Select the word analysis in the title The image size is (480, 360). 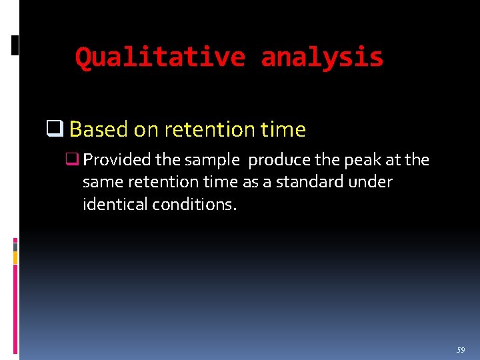322,57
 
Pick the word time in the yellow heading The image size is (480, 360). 281,129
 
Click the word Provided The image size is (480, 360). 117,160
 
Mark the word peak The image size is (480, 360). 359,160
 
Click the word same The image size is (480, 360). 102,182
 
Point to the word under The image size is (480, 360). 375,182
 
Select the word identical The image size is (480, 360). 115,204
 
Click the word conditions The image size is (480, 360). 194,204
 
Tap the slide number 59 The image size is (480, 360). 461,350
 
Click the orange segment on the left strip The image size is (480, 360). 15,257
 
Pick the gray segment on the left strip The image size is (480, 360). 15,246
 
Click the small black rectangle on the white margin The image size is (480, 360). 15,45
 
